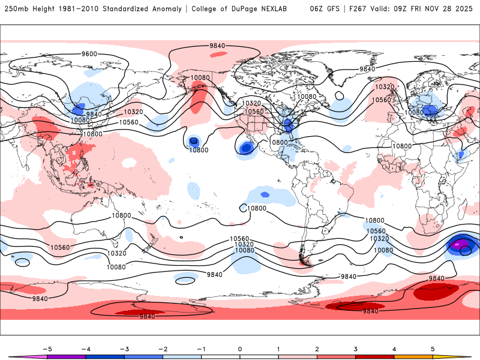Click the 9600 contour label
click(x=89, y=54)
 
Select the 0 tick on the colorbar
click(x=239, y=348)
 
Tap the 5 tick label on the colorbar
click(x=433, y=348)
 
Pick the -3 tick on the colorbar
click(x=124, y=348)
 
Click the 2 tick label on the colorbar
click(x=317, y=348)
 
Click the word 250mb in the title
click(x=16, y=9)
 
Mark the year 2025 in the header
click(x=466, y=9)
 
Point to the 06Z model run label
click(x=317, y=9)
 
